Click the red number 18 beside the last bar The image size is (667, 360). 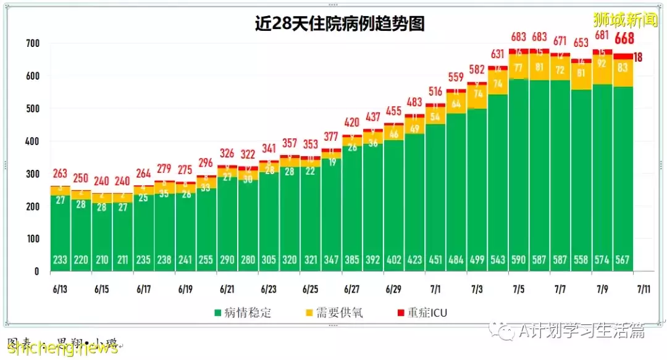point(639,57)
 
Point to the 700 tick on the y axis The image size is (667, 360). point(33,44)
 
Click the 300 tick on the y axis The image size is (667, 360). point(33,174)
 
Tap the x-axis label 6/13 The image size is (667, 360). point(61,288)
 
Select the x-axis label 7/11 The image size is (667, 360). point(644,288)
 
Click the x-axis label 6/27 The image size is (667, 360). point(352,288)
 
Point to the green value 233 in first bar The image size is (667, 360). point(61,260)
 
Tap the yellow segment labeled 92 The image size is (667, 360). point(602,63)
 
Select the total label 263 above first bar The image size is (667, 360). point(61,174)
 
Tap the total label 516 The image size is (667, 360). point(435,91)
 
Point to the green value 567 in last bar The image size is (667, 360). point(623,260)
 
